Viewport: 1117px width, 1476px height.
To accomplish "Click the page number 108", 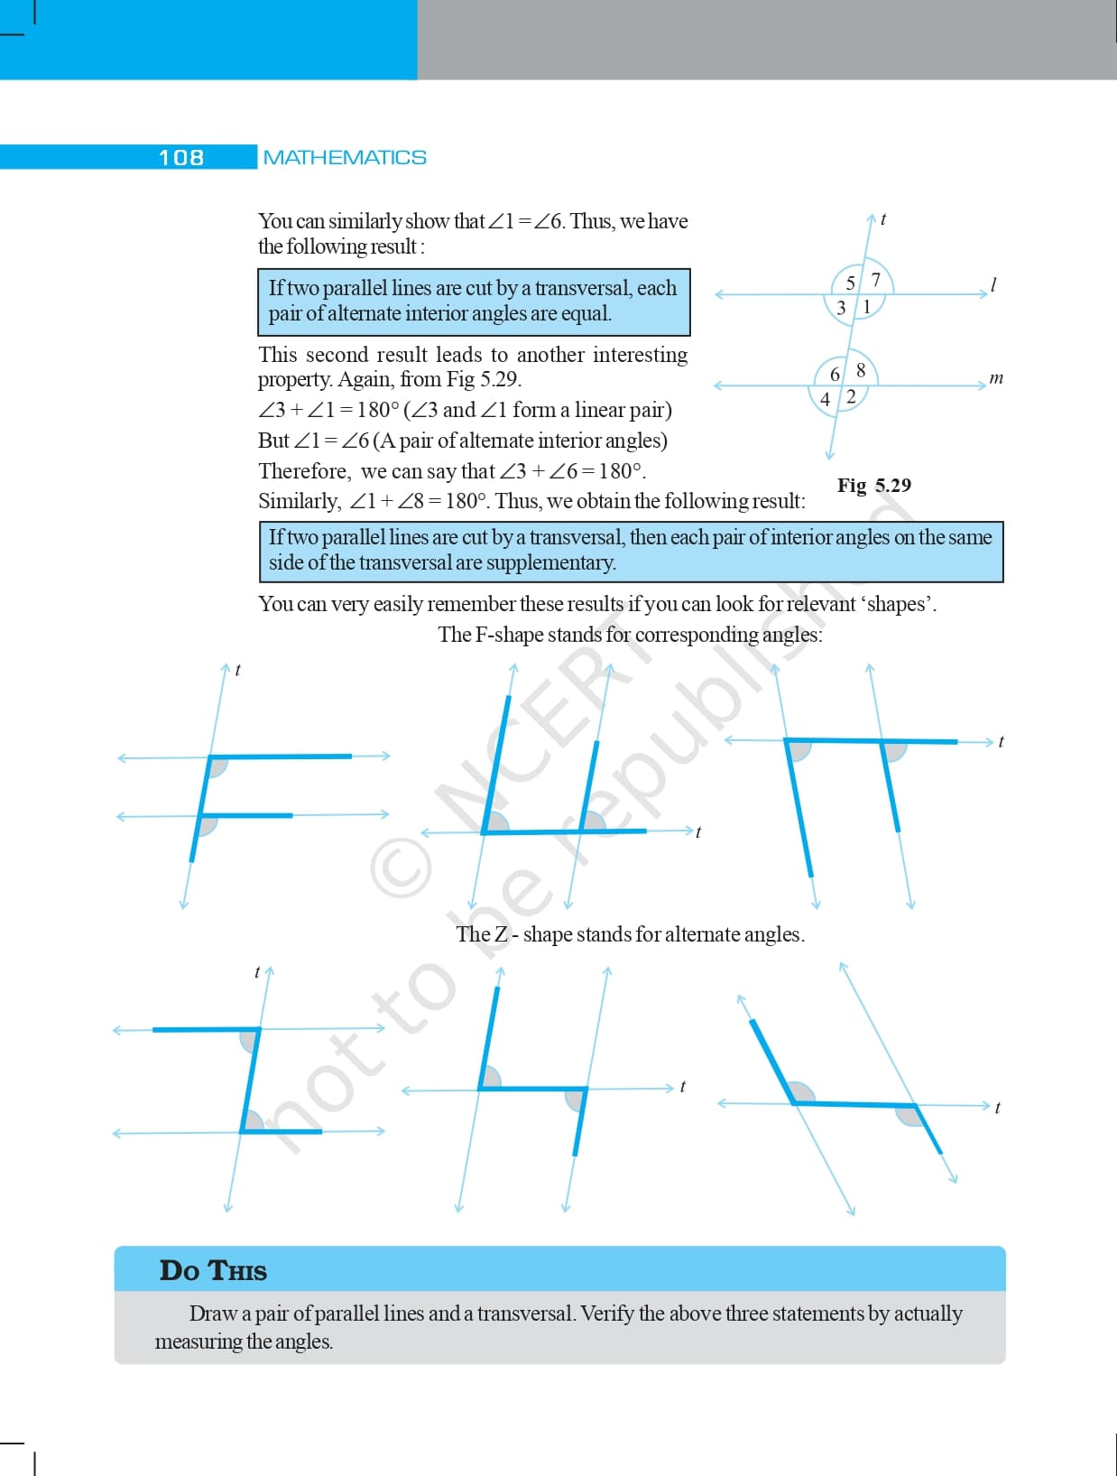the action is tap(180, 157).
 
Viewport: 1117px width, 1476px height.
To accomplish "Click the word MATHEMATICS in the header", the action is tap(345, 157).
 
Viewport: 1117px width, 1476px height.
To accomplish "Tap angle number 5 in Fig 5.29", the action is tap(850, 283).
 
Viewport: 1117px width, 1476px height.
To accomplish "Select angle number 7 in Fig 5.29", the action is tap(876, 279).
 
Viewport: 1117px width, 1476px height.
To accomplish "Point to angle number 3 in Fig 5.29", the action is tap(841, 308).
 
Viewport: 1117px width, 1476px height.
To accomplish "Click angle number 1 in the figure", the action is tap(867, 307).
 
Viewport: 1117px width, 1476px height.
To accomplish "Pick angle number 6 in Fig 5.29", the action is tap(835, 374).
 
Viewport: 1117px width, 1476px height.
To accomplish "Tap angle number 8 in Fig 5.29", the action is tap(860, 370).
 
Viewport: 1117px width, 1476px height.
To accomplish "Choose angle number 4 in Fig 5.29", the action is tap(825, 399).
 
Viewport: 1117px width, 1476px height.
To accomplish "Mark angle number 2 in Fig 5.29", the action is tap(851, 396).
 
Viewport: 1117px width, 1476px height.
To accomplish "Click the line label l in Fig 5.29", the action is tap(993, 285).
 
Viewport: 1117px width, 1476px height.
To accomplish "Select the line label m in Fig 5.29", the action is tap(996, 378).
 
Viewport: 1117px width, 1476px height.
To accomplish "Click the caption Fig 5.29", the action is tap(873, 485).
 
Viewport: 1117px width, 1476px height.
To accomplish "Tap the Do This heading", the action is tap(213, 1270).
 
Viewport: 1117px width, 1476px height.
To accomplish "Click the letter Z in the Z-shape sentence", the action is tap(501, 934).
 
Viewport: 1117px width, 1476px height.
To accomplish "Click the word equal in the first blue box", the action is tap(586, 313).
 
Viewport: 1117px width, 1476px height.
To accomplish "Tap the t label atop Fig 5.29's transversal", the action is tap(883, 219).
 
